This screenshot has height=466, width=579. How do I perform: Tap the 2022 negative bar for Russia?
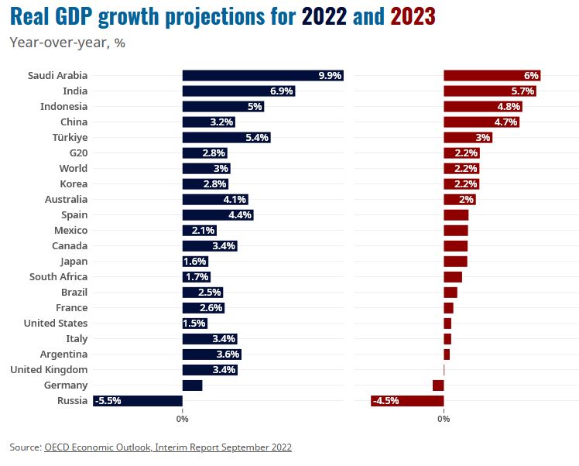(x=138, y=400)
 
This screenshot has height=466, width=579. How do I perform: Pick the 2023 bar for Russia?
(x=407, y=400)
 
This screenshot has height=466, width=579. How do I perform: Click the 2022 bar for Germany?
(x=192, y=385)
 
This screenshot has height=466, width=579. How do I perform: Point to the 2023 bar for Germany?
(x=438, y=385)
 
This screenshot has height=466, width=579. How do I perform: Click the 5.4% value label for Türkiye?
(x=256, y=137)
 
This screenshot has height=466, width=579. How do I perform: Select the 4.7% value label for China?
(x=505, y=122)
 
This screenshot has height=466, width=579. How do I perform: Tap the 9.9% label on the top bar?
(x=330, y=75)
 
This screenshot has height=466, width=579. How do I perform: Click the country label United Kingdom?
(x=49, y=369)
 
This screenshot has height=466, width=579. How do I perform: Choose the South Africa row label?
(x=58, y=276)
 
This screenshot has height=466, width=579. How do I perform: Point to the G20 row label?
(x=78, y=152)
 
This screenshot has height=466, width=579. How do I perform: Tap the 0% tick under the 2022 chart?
(x=183, y=419)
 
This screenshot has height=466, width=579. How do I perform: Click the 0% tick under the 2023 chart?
(x=444, y=419)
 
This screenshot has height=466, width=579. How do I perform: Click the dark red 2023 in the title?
(x=413, y=15)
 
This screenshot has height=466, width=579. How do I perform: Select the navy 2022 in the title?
(x=324, y=15)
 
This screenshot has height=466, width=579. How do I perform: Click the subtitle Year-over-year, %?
(x=67, y=43)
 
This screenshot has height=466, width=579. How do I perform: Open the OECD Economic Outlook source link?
(x=168, y=447)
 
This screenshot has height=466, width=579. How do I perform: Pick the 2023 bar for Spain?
(x=456, y=214)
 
